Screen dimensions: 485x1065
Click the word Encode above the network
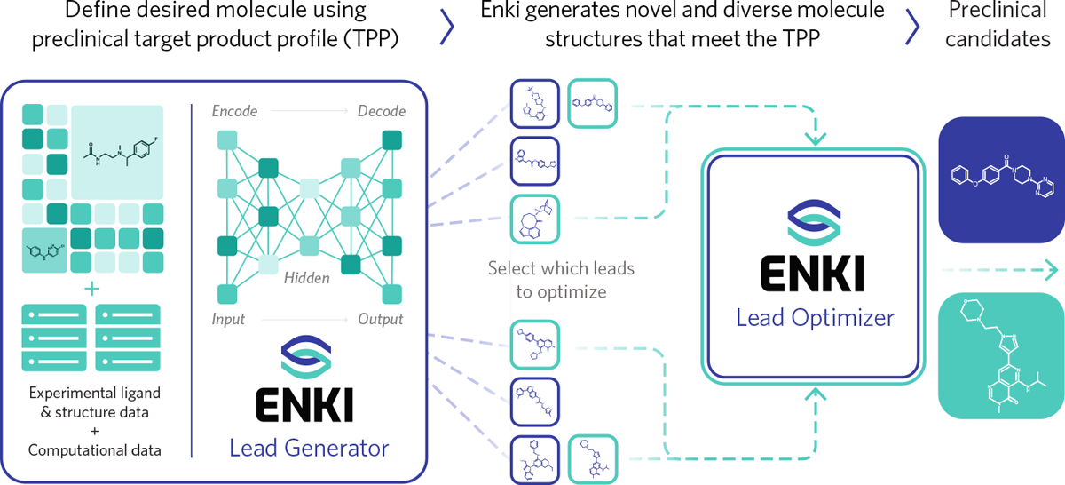[234, 112]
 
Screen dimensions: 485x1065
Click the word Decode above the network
[382, 112]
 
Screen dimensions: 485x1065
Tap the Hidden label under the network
[307, 279]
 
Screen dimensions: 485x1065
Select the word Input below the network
[228, 319]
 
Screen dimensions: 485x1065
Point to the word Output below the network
[381, 319]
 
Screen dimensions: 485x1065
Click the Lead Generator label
[309, 449]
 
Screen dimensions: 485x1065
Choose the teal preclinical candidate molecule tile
[1002, 356]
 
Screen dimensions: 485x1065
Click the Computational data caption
[95, 450]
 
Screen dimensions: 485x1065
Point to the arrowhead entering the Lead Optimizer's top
[813, 140]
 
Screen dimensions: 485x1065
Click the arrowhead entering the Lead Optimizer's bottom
[813, 394]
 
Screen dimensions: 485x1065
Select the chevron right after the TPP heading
[447, 27]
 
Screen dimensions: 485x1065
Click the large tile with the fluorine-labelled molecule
[117, 151]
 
